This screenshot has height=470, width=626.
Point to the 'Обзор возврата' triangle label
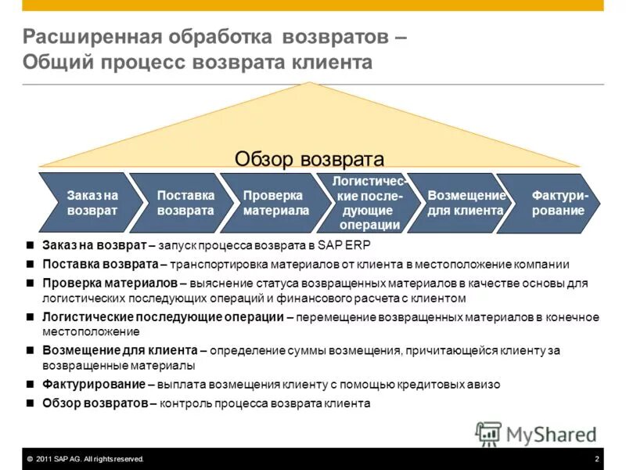(309, 159)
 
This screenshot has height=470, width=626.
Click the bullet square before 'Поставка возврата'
(30, 264)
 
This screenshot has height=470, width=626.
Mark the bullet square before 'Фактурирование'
(30, 385)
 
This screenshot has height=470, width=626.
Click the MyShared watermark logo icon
(488, 433)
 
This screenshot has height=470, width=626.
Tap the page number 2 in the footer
(596, 459)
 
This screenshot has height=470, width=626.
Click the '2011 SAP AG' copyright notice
(86, 459)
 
